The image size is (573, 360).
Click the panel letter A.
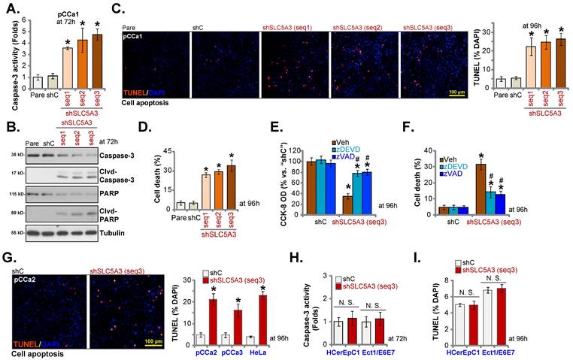[x=11, y=10]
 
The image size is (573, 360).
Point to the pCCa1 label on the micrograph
[x=136, y=36]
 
